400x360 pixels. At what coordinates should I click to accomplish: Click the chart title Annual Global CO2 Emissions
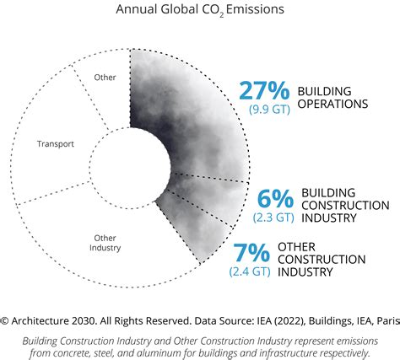pos(199,11)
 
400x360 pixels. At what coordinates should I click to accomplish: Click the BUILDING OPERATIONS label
pos(333,98)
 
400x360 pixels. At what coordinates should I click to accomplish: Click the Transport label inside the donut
pos(55,144)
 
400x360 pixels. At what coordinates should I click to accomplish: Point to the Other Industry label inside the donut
pos(105,243)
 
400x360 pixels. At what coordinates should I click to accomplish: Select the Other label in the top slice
pos(105,78)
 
